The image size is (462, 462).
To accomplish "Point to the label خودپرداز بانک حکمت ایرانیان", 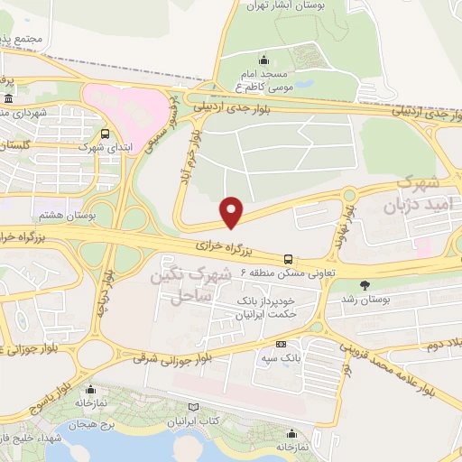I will (265, 307).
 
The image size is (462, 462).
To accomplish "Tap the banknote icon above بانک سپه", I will (281, 345).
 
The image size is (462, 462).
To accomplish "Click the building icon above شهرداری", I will (8, 98).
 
